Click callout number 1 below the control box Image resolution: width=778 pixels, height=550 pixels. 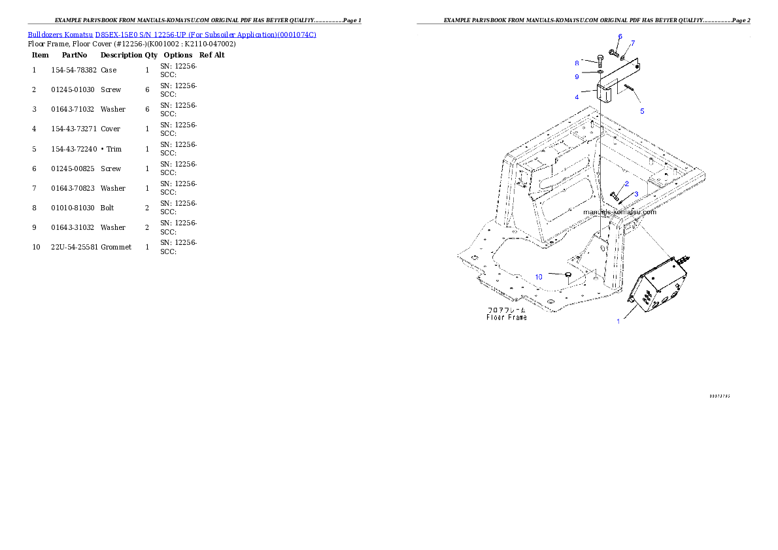[618, 321]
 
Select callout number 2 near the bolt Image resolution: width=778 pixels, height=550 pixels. [626, 184]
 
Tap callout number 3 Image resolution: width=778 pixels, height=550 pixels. [636, 194]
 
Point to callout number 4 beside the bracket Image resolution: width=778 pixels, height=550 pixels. [577, 97]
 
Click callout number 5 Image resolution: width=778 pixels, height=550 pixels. [642, 111]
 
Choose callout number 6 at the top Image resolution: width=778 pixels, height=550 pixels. [620, 36]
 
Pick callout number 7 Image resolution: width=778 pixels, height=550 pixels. [632, 42]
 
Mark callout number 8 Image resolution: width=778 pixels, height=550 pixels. [577, 63]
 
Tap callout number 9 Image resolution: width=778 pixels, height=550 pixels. [577, 76]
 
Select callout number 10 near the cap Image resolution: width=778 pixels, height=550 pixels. [539, 277]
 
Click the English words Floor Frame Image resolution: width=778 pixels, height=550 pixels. [507, 317]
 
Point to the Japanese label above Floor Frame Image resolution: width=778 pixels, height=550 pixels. [507, 310]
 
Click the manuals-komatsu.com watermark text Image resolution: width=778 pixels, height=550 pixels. [619, 212]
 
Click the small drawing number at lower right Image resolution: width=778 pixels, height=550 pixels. [719, 396]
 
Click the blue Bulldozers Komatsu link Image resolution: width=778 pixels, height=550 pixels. [172, 35]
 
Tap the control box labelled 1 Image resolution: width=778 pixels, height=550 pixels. [660, 287]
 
